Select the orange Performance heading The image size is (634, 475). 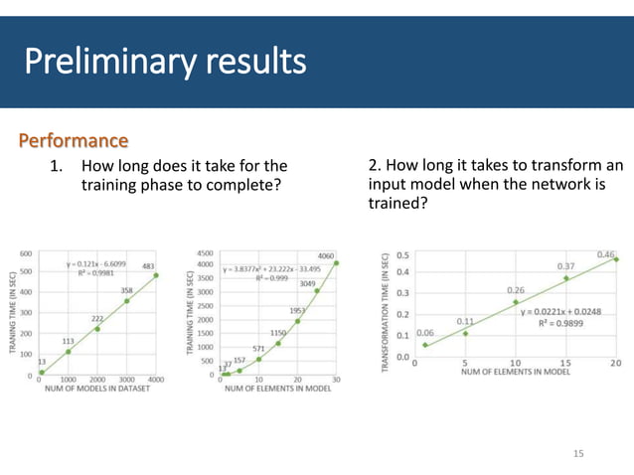[x=73, y=140]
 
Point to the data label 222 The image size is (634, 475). [x=98, y=318]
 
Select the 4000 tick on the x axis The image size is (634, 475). [x=155, y=381]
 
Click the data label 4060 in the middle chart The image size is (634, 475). [x=325, y=255]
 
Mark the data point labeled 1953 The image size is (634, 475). [x=297, y=321]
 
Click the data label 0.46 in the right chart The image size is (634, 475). [x=606, y=254]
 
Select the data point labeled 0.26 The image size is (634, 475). [x=516, y=302]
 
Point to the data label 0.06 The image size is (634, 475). [x=424, y=333]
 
